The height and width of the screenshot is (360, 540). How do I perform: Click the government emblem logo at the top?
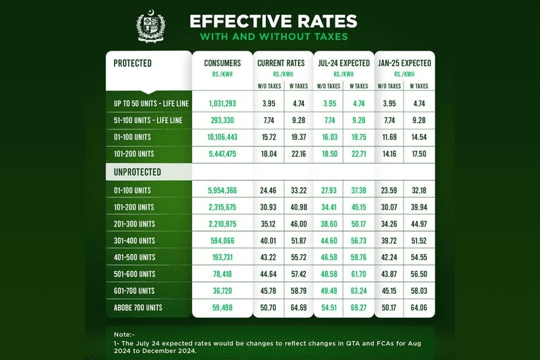coord(150,26)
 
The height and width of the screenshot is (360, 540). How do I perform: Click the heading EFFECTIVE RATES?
coord(273,21)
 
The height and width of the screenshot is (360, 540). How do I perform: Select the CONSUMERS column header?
coord(222,63)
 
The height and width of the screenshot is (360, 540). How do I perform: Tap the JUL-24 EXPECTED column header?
coord(344,63)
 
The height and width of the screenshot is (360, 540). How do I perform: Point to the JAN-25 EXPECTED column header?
coord(404,63)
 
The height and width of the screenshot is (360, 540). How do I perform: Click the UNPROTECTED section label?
coord(138,172)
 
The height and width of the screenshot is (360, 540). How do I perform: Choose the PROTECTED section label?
coord(133,63)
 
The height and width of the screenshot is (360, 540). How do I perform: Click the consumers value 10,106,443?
coord(222,137)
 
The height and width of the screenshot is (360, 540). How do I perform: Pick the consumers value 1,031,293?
coord(222,103)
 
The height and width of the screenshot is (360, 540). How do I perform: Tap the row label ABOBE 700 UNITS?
coord(138,307)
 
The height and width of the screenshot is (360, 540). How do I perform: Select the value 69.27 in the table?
coord(359,307)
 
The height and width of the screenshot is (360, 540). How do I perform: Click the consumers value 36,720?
coord(222,290)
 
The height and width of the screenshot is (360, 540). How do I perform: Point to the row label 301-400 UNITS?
coord(135,240)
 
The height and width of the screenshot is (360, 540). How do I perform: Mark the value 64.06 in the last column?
coord(419,307)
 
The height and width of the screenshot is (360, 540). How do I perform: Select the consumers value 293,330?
coord(222,120)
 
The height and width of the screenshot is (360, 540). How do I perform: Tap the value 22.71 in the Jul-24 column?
coord(359,154)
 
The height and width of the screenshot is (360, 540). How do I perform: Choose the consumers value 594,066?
coord(222,240)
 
